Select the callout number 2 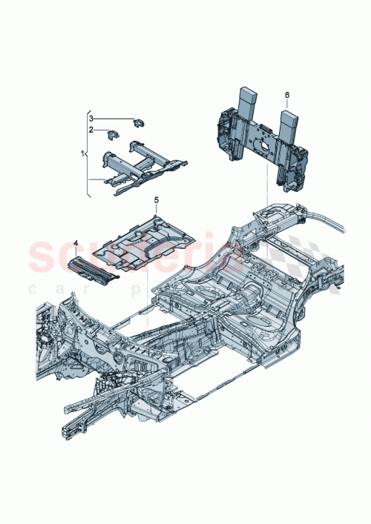(91, 129)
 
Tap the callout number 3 (91, 118)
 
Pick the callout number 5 (157, 200)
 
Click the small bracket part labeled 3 (139, 121)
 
